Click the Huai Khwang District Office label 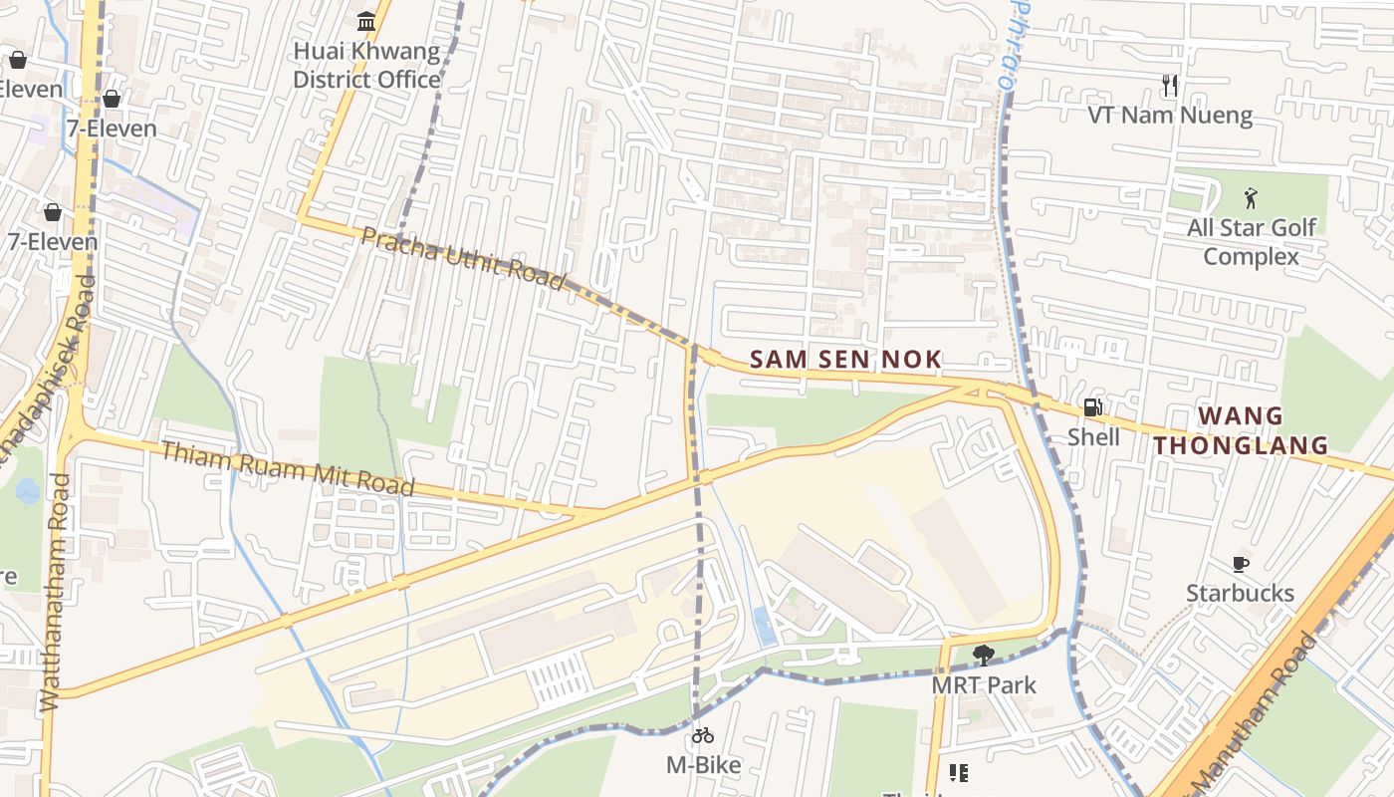366,65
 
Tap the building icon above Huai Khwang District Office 366,21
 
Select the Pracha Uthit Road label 462,257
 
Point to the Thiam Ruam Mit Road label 287,467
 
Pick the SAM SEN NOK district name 845,360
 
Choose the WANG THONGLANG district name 1241,430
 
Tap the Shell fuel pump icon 1092,406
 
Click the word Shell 1093,437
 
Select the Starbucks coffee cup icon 1240,564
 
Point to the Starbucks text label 1240,594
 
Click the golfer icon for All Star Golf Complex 1251,198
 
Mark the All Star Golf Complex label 1251,242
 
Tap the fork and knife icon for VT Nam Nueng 1170,86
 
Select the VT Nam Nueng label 1170,116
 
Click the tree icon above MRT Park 983,655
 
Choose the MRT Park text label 983,685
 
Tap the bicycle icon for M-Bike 703,735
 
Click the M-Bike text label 703,765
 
